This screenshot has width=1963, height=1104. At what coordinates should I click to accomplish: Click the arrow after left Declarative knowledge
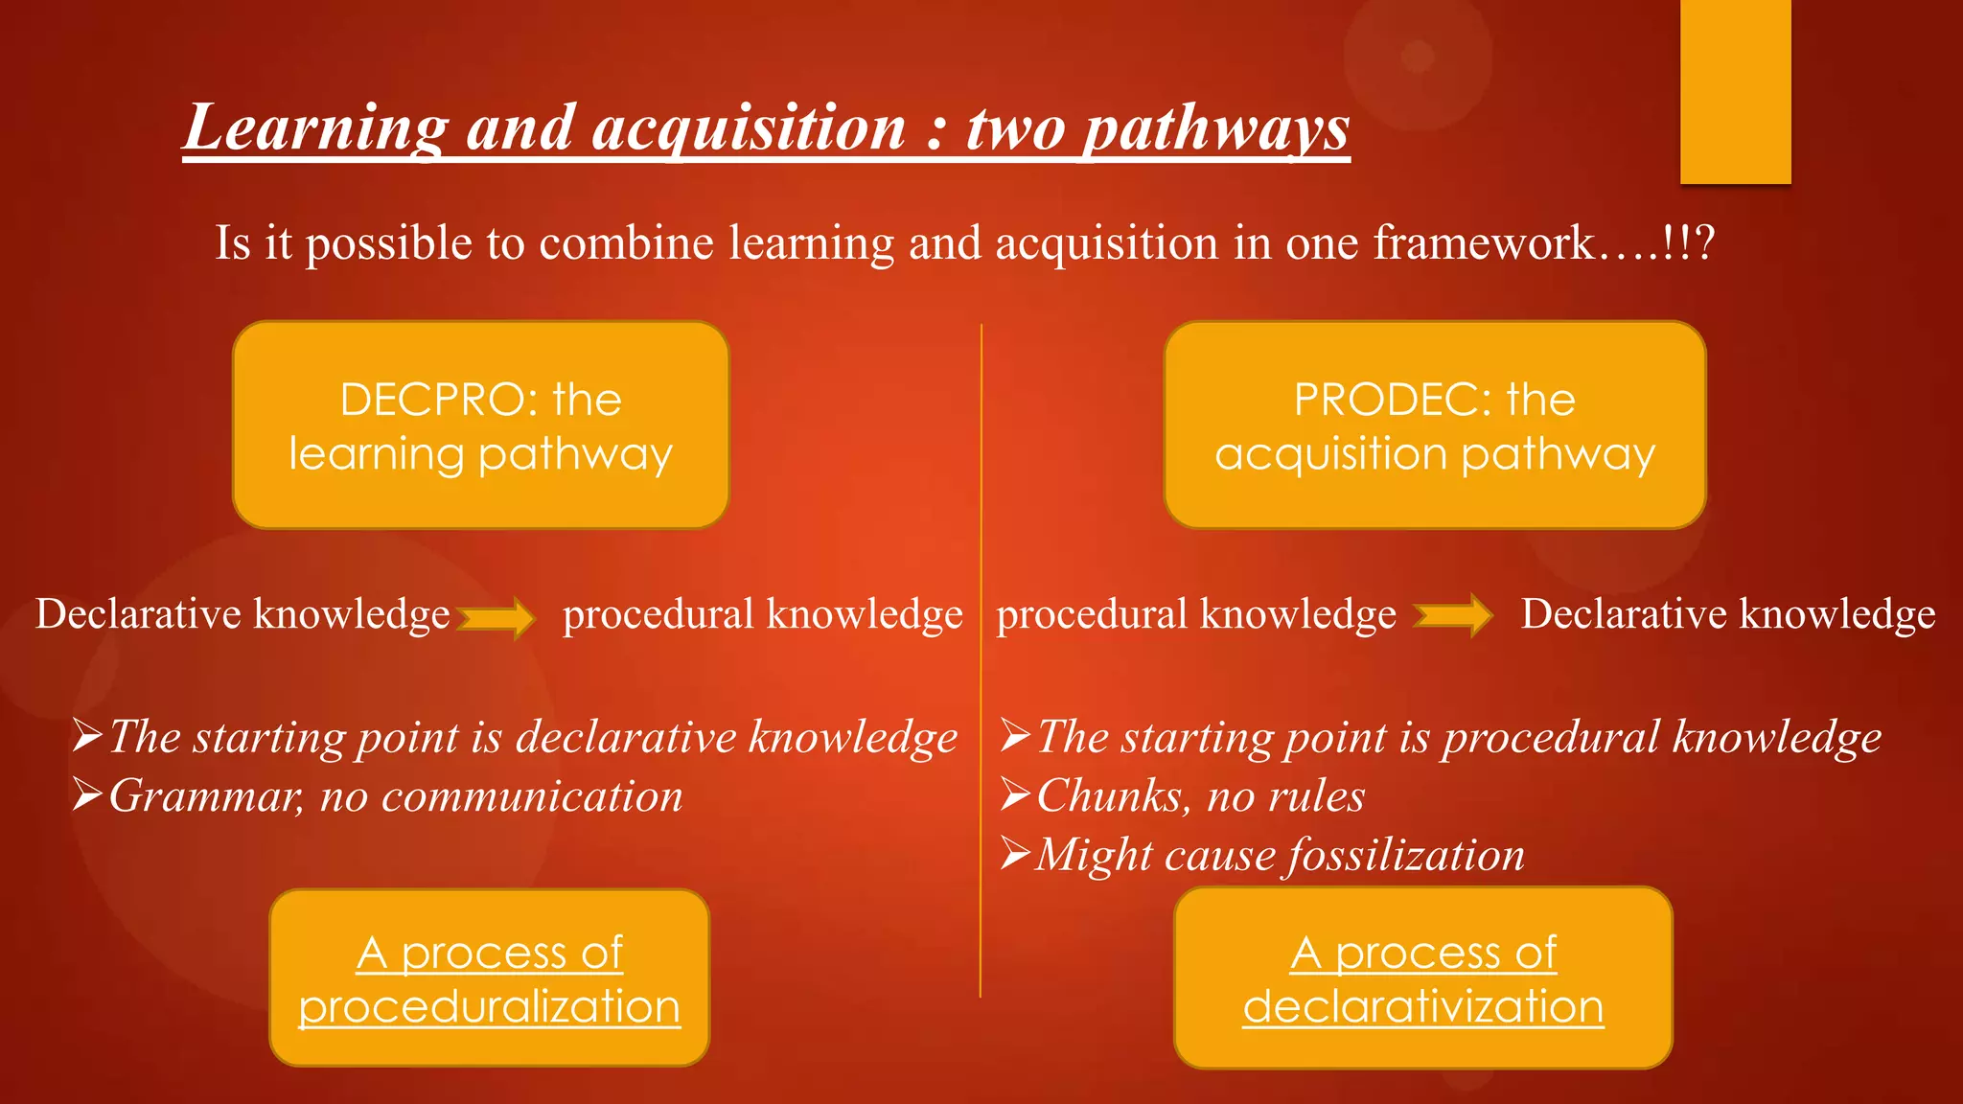[x=497, y=616]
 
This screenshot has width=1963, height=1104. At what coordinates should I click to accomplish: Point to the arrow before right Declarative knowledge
[x=1453, y=615]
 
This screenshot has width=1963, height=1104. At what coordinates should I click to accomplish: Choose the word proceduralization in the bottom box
[x=490, y=1006]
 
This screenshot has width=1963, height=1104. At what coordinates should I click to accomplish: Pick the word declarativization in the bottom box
[x=1423, y=1006]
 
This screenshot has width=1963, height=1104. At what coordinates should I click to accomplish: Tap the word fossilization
[x=1404, y=855]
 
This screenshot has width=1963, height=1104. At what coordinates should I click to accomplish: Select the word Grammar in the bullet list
[x=206, y=796]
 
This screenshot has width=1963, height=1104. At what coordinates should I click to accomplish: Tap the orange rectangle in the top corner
[x=1735, y=91]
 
